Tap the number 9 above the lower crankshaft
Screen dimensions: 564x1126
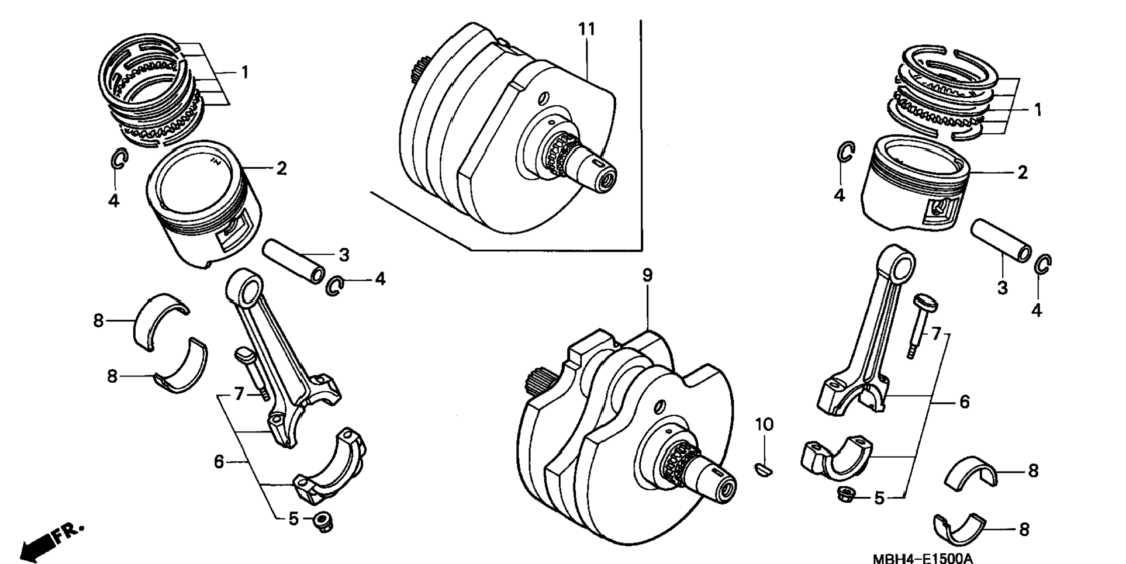[x=647, y=275]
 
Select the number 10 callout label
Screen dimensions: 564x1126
[x=764, y=425]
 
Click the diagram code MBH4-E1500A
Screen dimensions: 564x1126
[x=923, y=558]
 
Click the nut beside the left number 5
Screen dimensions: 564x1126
[x=321, y=521]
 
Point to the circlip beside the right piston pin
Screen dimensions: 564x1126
[x=1043, y=265]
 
